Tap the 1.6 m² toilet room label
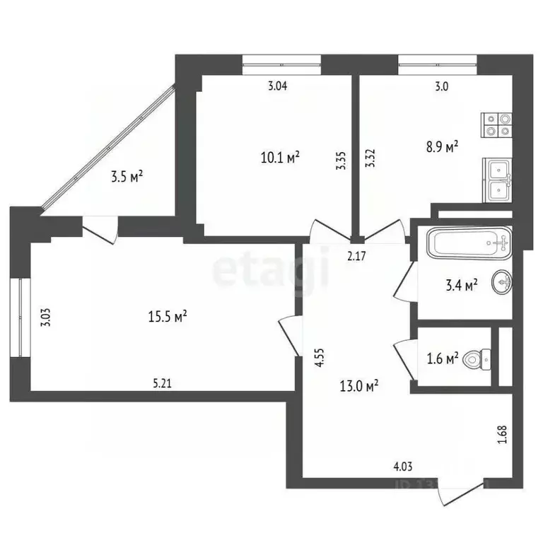click(x=443, y=357)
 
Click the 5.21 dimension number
click(x=163, y=384)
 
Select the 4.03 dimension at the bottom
click(x=402, y=466)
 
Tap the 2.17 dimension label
click(x=356, y=256)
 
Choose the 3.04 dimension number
click(x=277, y=86)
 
